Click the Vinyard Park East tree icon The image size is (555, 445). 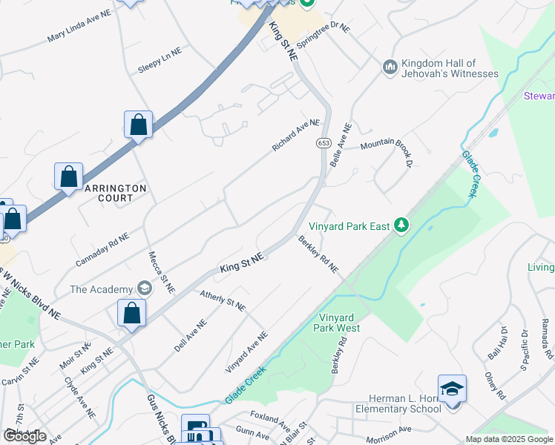401,225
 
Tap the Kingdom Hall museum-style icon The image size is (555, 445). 390,68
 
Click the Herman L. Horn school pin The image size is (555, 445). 452,389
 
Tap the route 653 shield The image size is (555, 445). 323,142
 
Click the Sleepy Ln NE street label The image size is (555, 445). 160,60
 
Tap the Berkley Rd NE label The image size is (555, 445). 318,254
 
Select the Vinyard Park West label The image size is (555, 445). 336,322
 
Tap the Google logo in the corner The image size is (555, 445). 24,436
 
